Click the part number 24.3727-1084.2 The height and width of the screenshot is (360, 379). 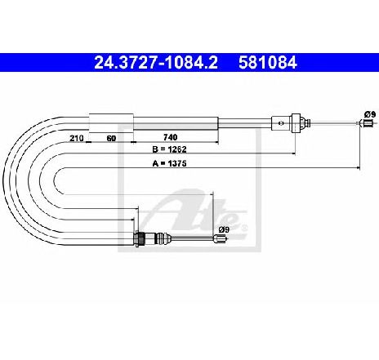pos(156,63)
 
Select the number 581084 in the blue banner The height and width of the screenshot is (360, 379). pos(267,63)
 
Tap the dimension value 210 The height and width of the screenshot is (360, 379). pos(76,138)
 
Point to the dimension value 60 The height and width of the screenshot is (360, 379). pos(111,138)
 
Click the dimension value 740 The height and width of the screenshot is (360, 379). pos(170,137)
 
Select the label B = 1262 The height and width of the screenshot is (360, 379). pos(169,149)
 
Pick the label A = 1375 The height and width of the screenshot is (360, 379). pos(169,163)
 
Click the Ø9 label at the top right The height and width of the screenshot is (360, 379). pos(370,114)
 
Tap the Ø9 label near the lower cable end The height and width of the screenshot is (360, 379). pos(224,230)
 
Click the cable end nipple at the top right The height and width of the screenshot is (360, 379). pos(367,123)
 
